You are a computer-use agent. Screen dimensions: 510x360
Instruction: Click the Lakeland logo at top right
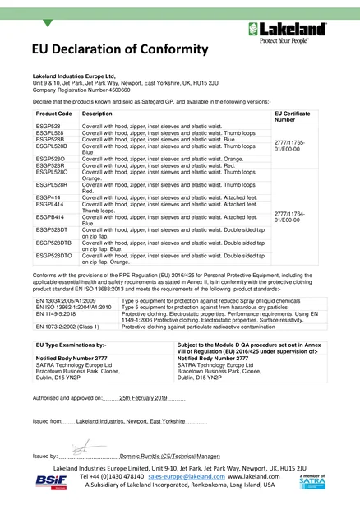point(293,34)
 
